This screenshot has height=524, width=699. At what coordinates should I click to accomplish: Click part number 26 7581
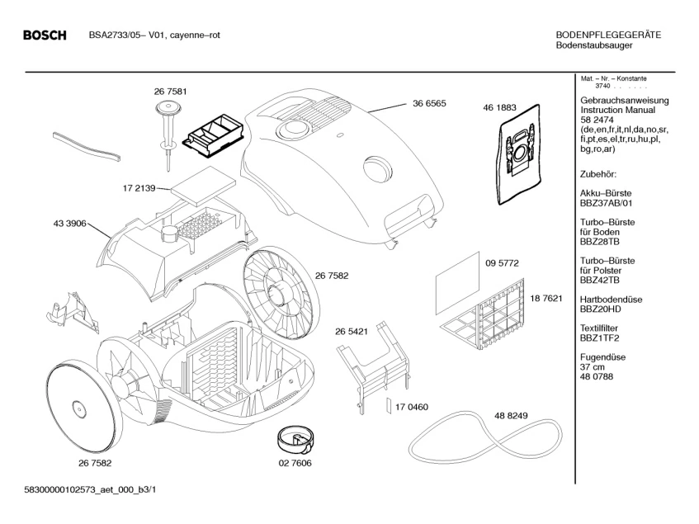coord(169,91)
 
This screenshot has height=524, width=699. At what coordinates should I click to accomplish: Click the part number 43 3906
coord(68,223)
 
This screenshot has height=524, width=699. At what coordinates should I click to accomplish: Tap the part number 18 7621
coord(546,297)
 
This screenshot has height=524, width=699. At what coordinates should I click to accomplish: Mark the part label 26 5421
coord(351,331)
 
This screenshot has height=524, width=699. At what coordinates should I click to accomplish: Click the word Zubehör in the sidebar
coord(599,175)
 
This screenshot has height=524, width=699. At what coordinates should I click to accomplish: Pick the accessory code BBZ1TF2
coord(599,338)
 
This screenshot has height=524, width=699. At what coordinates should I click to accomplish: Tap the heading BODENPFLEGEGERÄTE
coord(608,35)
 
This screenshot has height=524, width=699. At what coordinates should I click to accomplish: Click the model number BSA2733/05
coord(116,35)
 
